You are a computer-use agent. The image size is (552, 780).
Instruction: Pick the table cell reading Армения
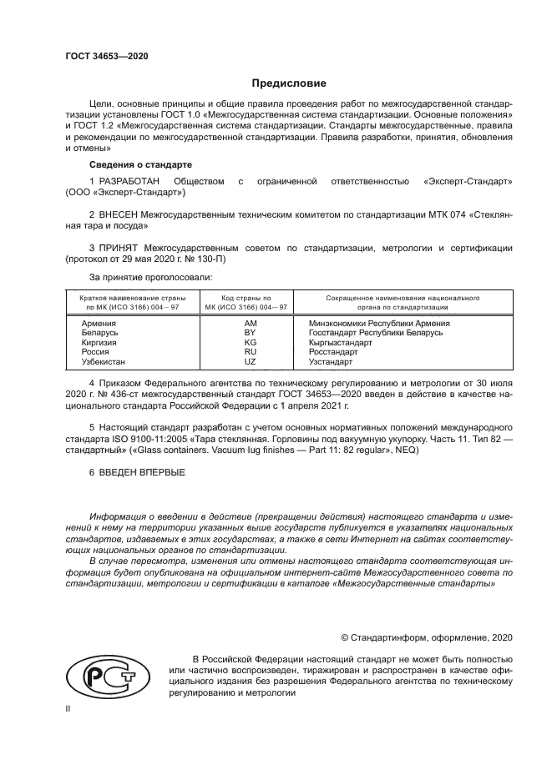(x=99, y=322)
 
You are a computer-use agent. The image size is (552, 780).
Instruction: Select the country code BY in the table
(x=250, y=332)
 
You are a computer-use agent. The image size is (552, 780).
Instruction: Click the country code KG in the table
(x=250, y=342)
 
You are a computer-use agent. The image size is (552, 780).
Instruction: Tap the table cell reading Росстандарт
(x=333, y=352)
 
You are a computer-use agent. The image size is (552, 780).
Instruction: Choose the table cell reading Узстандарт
(x=332, y=362)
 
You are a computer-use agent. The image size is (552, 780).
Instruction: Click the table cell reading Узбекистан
(x=104, y=362)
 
